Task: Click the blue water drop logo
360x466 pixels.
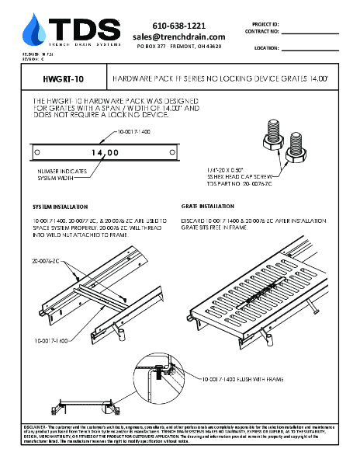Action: point(33,30)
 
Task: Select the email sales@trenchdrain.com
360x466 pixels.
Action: point(178,37)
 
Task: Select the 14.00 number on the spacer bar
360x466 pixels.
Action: point(104,153)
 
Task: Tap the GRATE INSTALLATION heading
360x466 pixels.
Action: point(207,207)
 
